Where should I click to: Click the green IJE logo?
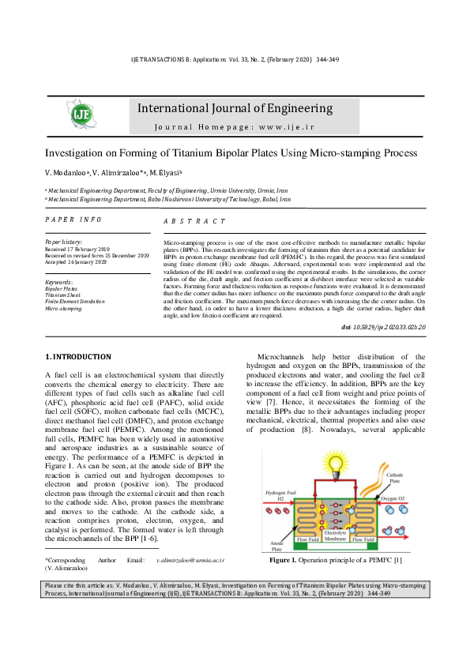click(x=82, y=115)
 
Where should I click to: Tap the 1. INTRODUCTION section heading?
click(x=78, y=357)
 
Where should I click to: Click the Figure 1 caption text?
click(x=336, y=560)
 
